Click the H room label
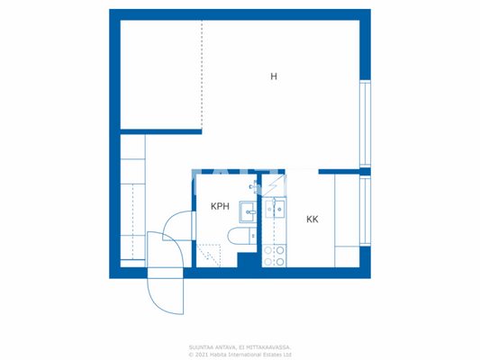274,76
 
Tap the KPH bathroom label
220,206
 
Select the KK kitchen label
312,219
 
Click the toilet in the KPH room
240,237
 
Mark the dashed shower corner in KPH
208,255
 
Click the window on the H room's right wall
365,123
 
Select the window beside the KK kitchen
365,211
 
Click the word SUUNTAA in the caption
201,346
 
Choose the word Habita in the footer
222,354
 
